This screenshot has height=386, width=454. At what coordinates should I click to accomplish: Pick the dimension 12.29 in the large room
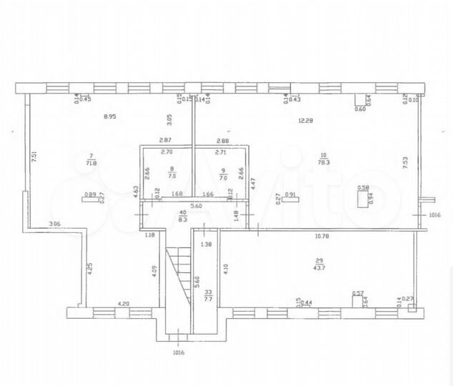(307, 120)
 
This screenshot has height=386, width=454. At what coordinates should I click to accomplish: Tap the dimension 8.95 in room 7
(110, 116)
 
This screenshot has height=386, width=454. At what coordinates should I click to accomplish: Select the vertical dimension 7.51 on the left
(34, 155)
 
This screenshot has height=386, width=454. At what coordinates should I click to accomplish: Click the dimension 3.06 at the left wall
(54, 224)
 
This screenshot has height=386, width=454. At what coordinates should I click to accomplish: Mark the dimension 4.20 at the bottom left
(123, 304)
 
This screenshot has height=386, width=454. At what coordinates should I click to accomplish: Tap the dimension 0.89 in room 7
(90, 194)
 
